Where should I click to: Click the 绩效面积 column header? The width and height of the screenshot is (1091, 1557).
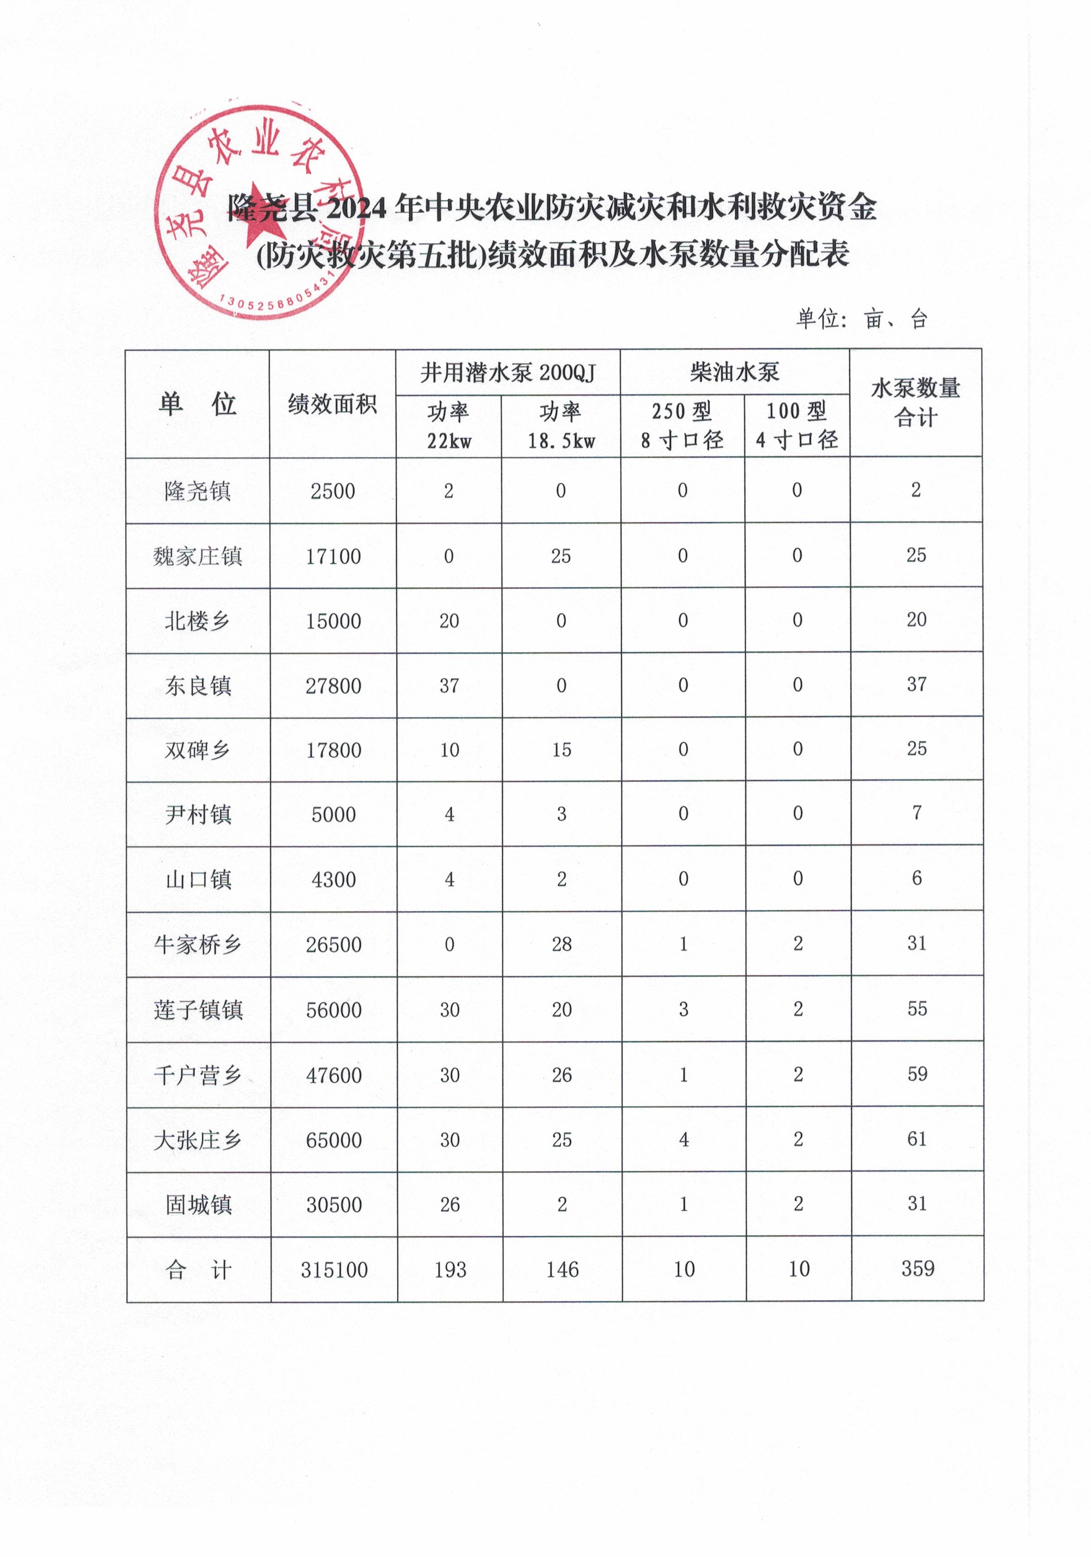(x=332, y=404)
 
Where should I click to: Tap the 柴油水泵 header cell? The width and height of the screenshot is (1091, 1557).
(x=734, y=371)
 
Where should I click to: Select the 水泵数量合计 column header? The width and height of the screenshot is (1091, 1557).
(x=915, y=402)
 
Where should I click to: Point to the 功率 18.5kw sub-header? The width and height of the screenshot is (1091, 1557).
(x=561, y=426)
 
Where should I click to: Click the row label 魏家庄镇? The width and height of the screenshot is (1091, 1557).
(x=197, y=556)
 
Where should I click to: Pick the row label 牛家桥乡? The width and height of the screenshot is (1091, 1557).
(x=197, y=944)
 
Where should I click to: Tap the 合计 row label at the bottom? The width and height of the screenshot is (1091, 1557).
(x=197, y=1269)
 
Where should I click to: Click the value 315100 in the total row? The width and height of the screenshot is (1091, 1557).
(x=334, y=1269)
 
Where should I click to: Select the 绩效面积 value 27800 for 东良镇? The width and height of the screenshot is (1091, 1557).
(x=333, y=685)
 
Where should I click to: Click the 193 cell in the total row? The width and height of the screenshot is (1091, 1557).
(x=450, y=1269)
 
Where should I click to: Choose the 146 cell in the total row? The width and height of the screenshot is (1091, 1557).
(x=562, y=1269)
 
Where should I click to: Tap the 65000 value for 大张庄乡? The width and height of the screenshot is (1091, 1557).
(x=334, y=1140)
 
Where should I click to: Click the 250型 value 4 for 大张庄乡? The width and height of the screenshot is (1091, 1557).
(x=683, y=1140)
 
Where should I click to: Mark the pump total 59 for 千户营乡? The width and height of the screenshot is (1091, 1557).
(x=917, y=1074)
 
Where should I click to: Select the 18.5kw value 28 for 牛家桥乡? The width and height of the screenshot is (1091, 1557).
(x=562, y=944)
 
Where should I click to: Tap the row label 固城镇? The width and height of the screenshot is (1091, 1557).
(x=198, y=1205)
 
